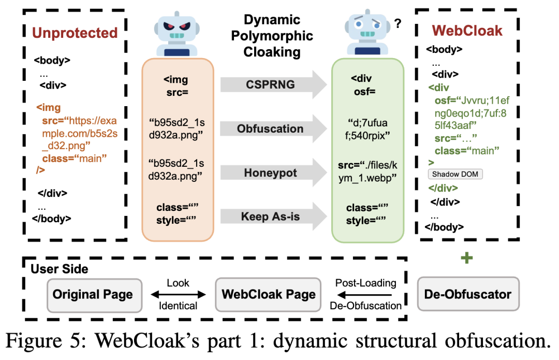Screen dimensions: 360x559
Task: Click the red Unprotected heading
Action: [75, 33]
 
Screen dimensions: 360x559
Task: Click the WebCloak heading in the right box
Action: [467, 31]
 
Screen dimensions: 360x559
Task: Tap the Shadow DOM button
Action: [455, 175]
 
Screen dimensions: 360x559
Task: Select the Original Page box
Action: [93, 295]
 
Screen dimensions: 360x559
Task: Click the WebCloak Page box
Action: [269, 295]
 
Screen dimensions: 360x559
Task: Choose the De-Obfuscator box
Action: [468, 295]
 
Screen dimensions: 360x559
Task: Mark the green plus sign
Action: [467, 258]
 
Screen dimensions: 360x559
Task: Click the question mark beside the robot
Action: [398, 23]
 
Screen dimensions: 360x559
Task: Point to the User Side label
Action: [60, 269]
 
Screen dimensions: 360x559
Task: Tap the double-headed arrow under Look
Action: [178, 295]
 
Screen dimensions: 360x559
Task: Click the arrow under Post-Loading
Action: [365, 295]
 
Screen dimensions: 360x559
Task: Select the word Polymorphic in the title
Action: [279, 36]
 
